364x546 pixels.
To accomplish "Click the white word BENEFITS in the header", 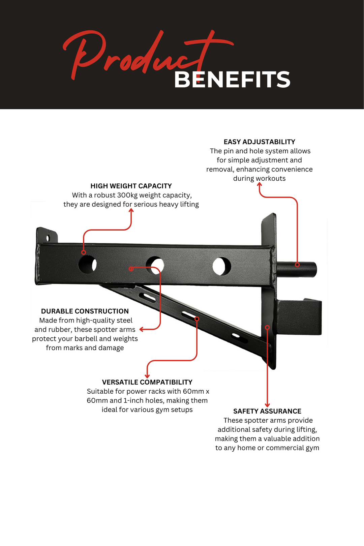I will point(232,80).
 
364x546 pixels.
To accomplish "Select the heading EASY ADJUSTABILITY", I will point(259,142).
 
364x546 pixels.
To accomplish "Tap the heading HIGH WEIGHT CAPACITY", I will point(131,186).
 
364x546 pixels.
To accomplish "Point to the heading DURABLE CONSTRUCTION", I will point(85,311).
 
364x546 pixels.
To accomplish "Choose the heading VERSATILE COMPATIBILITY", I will point(147,382).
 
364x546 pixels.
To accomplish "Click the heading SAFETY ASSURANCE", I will point(267,411).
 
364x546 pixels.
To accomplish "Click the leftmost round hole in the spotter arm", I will point(87,264).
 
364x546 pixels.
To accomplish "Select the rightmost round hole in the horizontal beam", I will point(221,266).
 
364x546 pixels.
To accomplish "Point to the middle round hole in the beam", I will point(155,265).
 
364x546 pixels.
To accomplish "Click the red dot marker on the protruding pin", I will point(297,265).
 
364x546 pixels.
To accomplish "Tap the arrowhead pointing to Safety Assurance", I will point(267,405).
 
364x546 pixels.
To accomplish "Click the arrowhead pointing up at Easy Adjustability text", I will point(260,184).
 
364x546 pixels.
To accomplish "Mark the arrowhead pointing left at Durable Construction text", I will point(142,329).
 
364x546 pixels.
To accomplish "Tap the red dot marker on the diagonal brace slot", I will point(197,319).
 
